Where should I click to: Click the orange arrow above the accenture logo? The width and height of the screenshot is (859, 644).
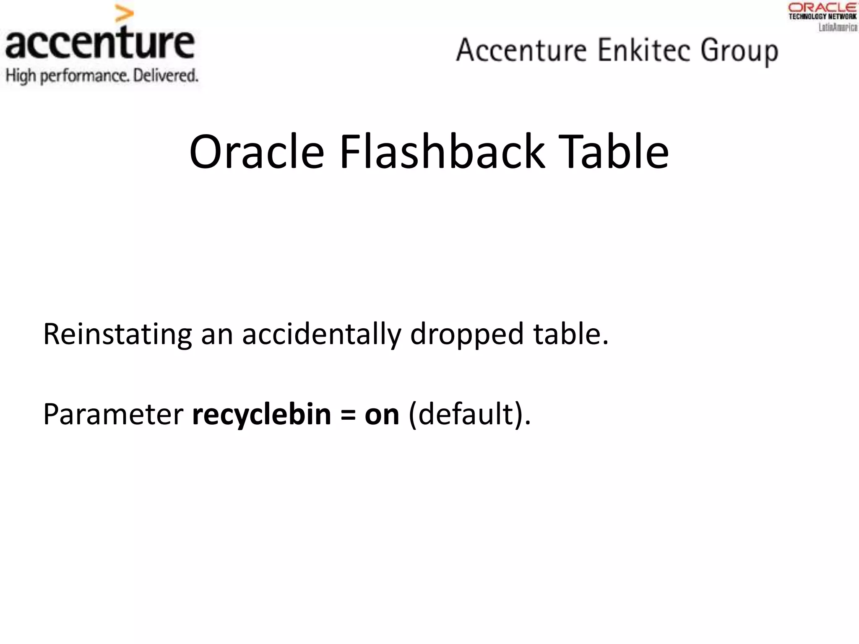(x=124, y=14)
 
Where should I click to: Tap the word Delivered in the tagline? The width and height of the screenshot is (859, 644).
(x=165, y=76)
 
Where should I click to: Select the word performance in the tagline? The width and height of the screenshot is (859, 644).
(x=84, y=76)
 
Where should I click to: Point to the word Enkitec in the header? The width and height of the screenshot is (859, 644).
(x=644, y=50)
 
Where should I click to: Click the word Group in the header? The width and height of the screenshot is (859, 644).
(x=739, y=51)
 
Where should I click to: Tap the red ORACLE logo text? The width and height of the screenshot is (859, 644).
(x=823, y=7)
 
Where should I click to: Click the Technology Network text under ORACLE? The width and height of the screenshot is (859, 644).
(x=823, y=17)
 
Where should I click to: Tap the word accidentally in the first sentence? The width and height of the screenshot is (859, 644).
(x=322, y=335)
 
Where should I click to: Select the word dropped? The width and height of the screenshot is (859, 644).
(x=467, y=335)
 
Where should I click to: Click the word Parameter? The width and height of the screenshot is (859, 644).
(x=113, y=415)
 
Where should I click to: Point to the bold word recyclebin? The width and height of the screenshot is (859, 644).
(x=262, y=415)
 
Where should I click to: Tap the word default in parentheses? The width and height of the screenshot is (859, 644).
(x=465, y=415)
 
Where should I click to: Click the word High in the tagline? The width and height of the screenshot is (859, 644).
(x=21, y=76)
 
